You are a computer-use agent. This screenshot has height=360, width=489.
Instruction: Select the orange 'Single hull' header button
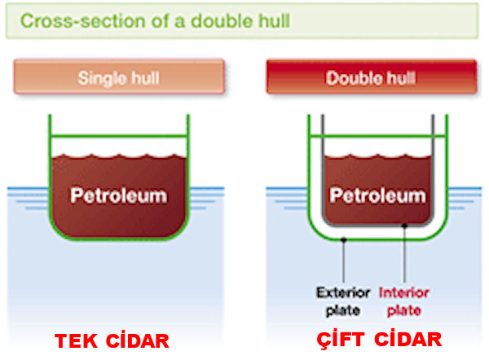[118, 78]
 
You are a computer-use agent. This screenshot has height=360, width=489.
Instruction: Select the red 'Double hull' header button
[371, 78]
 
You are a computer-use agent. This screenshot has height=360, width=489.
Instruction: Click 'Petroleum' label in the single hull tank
[118, 195]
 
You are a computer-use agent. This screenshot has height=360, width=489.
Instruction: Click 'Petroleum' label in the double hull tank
[377, 195]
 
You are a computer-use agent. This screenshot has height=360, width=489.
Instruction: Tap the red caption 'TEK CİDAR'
[112, 340]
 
